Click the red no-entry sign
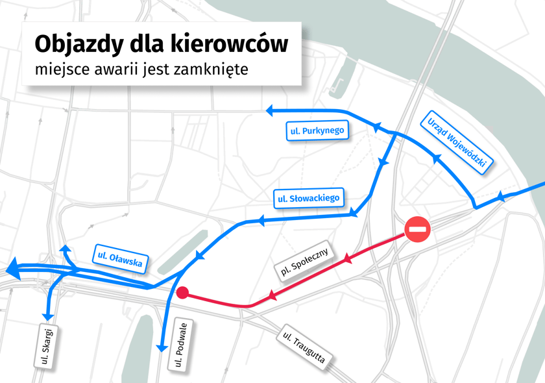[x=418, y=230]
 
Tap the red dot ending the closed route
[x=183, y=293]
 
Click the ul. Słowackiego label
[x=308, y=198]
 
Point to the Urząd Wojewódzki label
[x=457, y=142]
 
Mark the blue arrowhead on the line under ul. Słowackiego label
[x=262, y=221]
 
